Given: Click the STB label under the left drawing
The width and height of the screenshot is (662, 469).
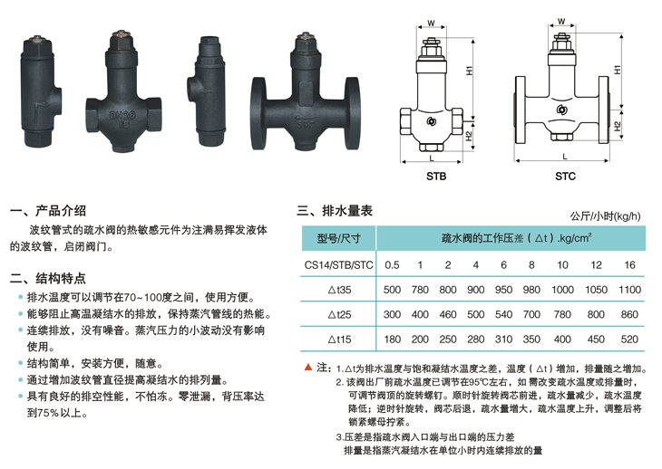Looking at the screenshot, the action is pos(436,177).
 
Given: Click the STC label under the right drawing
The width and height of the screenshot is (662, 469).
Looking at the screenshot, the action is pos(565,177).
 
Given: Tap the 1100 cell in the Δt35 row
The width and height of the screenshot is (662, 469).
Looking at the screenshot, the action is pos(629,290).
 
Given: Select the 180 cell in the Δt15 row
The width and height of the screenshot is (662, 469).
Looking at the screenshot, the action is pos(393,340).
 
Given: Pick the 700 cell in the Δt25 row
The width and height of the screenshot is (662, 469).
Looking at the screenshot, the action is pos(531,314).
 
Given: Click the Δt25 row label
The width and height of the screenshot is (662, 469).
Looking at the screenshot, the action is pos(339,315).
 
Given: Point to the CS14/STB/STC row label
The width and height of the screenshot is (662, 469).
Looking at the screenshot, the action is pos(338,265).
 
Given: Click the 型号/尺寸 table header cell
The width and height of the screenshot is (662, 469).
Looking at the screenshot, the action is pos(338,238).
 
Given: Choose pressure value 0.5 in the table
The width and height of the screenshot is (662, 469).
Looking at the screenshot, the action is pos(392,265).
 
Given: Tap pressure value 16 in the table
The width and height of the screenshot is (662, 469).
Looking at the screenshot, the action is pos(629,265).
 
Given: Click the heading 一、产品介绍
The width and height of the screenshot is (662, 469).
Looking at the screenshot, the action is pos(48,211).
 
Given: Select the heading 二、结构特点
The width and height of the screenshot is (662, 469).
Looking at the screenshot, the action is pos(48,279).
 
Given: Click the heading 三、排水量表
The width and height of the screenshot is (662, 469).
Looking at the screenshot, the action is pos(335,211).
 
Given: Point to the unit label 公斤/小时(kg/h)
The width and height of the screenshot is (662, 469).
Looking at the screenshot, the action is pos(605,216).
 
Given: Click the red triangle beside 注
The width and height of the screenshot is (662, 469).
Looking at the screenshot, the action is pos(308,368).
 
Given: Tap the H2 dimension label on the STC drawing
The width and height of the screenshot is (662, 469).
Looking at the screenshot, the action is pos(618,126).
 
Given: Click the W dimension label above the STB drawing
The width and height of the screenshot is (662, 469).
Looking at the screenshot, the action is pos(431,24).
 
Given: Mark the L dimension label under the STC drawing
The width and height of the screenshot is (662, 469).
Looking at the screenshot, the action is pos(564,157).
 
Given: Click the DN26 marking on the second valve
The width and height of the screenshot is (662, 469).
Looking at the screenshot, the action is pos(122,116).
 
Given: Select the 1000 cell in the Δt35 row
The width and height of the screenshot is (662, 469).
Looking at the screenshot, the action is pos(562,290).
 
